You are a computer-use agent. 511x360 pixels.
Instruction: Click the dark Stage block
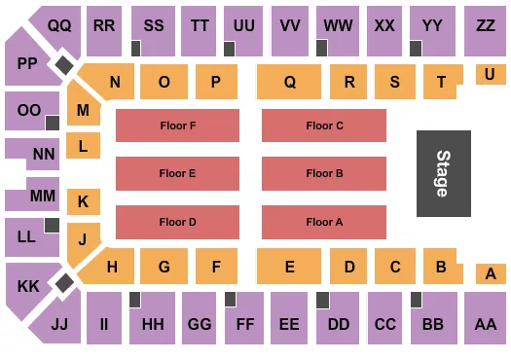[443, 173]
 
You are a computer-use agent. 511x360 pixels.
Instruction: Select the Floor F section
[177, 126]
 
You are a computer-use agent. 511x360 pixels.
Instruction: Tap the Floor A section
[324, 222]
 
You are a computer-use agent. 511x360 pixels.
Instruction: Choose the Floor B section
[324, 173]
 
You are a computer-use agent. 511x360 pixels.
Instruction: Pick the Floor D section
[177, 222]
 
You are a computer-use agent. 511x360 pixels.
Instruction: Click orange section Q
[289, 83]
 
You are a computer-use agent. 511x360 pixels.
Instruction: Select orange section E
[289, 266]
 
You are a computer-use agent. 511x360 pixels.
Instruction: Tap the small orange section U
[490, 73]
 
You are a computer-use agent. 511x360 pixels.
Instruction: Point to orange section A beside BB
[490, 274]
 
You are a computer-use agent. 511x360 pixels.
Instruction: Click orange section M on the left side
[84, 111]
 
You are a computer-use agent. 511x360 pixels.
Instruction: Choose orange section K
[84, 202]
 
